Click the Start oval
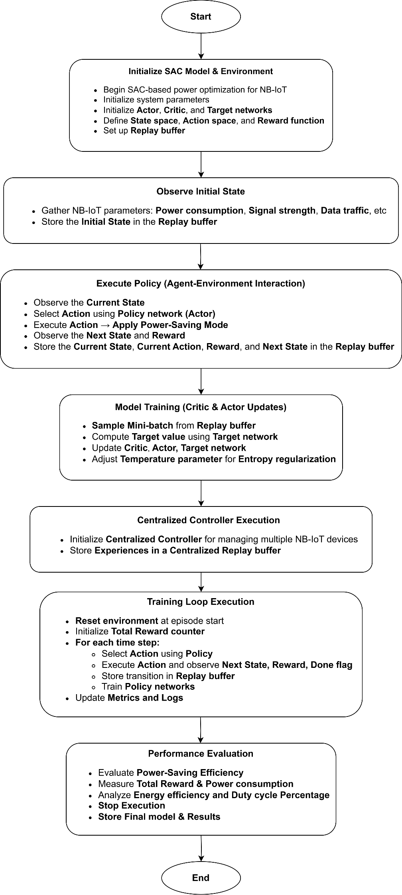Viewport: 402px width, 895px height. point(201,16)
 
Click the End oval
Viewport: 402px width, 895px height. point(201,877)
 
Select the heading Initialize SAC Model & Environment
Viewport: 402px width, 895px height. point(201,71)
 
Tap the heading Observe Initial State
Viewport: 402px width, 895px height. point(201,191)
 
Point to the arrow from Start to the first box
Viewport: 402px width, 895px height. point(201,46)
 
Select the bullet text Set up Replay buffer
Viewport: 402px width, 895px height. point(144,131)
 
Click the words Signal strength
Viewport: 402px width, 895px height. point(282,210)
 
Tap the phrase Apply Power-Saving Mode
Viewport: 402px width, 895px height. point(170,325)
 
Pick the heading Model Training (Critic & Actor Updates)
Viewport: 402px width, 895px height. point(201,407)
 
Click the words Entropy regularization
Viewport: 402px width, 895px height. point(287,459)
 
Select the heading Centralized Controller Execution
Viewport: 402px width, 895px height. point(208,520)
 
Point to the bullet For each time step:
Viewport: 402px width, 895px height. point(117,642)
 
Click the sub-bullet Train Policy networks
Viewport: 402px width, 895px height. point(148,687)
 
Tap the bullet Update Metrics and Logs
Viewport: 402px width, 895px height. point(129,698)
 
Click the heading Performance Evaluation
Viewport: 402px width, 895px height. point(201,754)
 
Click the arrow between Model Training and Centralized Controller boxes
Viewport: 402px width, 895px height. point(201,493)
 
